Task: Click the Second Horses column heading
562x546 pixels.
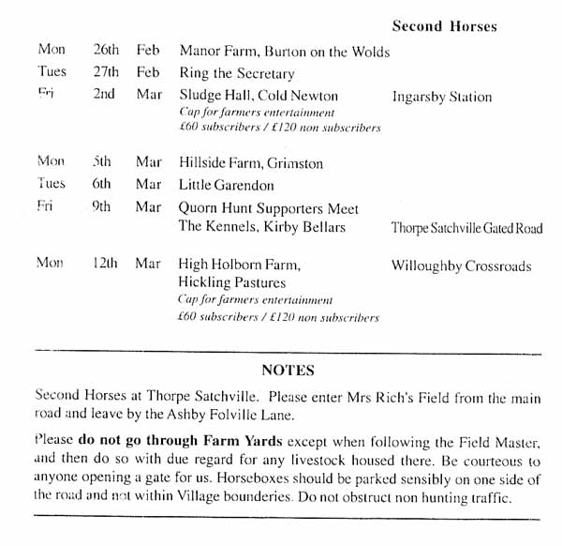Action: point(444,25)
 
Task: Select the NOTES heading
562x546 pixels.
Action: point(288,370)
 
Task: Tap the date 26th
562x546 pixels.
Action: point(106,51)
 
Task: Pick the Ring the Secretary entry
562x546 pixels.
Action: point(236,73)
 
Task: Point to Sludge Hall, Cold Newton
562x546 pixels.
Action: point(258,96)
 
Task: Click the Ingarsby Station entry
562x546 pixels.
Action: point(441,97)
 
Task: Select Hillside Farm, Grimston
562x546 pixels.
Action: point(250,163)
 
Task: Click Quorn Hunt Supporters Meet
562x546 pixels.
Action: point(268,207)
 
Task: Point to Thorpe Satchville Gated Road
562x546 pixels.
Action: point(466,228)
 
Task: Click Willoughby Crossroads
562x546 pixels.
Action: point(461,265)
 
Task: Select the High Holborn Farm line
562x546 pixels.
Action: point(239,265)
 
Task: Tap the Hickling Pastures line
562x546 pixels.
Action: point(231,282)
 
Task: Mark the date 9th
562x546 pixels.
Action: point(101,207)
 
